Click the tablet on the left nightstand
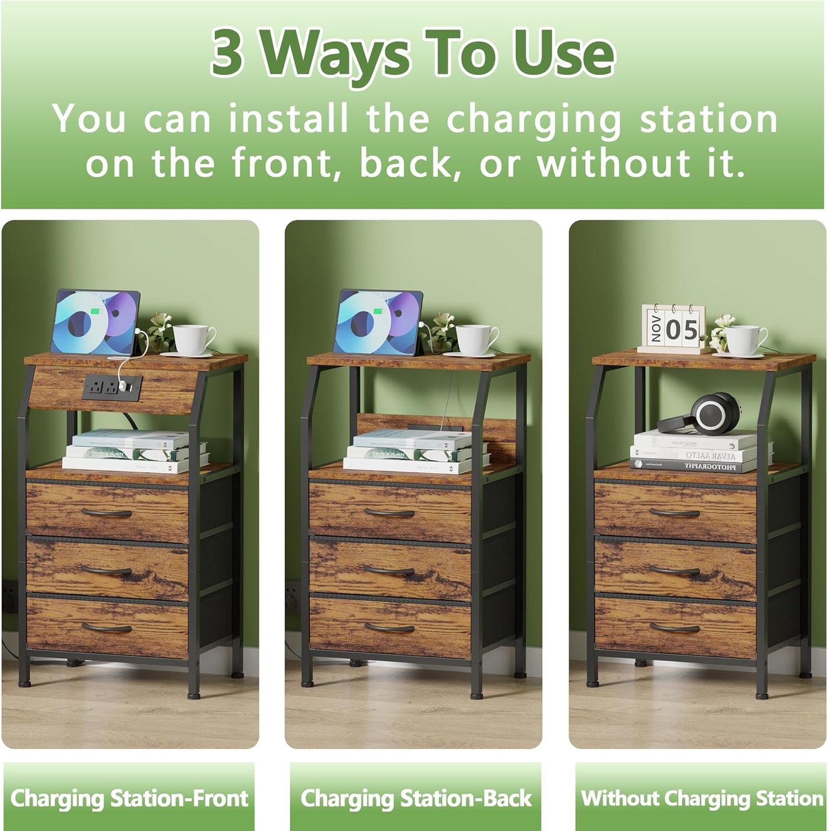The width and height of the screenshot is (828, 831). [x=95, y=322]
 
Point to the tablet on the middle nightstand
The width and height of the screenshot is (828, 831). [x=378, y=322]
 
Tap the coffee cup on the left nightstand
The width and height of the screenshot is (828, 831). [x=193, y=340]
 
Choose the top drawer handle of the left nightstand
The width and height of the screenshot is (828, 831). [x=107, y=512]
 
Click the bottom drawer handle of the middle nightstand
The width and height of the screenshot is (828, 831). [x=389, y=627]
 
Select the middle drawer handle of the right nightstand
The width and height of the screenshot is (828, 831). [x=674, y=570]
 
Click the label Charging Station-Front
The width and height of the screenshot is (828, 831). [x=129, y=798]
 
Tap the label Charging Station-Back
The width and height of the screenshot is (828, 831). [x=416, y=798]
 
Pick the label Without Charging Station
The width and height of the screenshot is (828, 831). [x=701, y=798]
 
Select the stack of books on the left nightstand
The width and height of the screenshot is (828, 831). [x=135, y=451]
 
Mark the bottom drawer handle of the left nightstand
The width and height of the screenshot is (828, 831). [x=107, y=627]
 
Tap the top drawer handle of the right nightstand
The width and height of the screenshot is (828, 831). [x=674, y=512]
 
